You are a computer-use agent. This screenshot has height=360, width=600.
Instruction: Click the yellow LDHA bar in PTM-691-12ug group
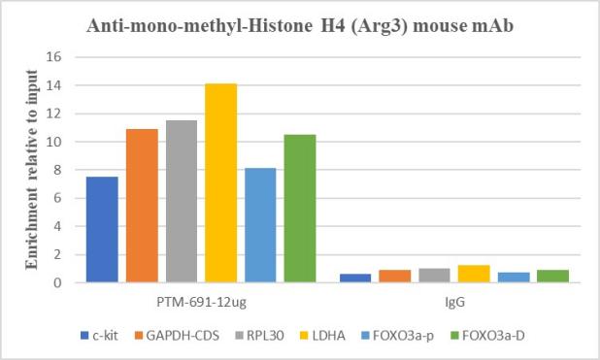pyautogui.click(x=220, y=182)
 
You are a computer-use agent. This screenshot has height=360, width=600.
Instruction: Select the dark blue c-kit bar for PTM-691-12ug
pyautogui.click(x=102, y=230)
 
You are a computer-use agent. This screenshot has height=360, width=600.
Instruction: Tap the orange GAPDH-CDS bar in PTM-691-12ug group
pyautogui.click(x=142, y=206)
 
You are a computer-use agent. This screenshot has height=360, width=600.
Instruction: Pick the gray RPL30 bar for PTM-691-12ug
pyautogui.click(x=182, y=201)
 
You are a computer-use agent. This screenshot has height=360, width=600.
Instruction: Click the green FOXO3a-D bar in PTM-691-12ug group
pyautogui.click(x=300, y=209)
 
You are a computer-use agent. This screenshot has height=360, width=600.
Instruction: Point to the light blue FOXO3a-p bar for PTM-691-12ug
pyautogui.click(x=260, y=225)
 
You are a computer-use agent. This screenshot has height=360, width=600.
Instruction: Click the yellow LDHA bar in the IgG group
pyautogui.click(x=474, y=274)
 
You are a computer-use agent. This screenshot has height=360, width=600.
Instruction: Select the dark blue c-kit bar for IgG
pyautogui.click(x=355, y=278)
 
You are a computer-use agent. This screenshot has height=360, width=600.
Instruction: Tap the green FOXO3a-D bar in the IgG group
pyautogui.click(x=553, y=277)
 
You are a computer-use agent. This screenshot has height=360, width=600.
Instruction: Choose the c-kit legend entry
pyautogui.click(x=99, y=336)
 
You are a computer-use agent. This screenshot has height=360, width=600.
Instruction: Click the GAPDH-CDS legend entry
pyautogui.click(x=177, y=336)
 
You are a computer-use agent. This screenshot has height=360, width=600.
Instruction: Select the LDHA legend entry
pyautogui.click(x=322, y=336)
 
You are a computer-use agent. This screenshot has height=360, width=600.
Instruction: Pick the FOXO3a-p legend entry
pyautogui.click(x=398, y=336)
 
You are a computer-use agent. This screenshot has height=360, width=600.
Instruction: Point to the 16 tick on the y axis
pyautogui.click(x=54, y=57)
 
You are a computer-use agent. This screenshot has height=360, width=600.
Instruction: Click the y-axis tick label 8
pyautogui.click(x=57, y=170)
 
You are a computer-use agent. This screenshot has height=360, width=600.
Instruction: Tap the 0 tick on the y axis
pyautogui.click(x=57, y=282)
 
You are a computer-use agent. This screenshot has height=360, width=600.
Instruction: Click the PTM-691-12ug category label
pyautogui.click(x=201, y=302)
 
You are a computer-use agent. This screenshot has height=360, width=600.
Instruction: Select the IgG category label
pyautogui.click(x=454, y=302)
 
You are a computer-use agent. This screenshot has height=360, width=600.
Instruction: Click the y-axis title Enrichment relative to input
pyautogui.click(x=32, y=170)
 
